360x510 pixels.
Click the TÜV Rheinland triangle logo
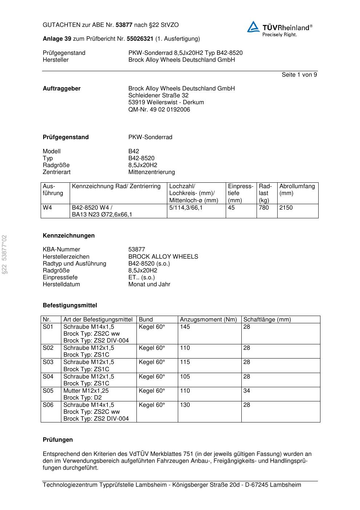pyautogui.click(x=253, y=27)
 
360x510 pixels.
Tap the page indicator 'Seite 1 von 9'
pyautogui.click(x=299, y=75)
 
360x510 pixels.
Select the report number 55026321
pyautogui.click(x=140, y=39)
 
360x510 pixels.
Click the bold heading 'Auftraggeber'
pyautogui.click(x=62, y=89)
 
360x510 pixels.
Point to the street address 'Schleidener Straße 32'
pyautogui.click(x=158, y=96)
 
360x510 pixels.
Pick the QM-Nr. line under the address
pyautogui.click(x=159, y=110)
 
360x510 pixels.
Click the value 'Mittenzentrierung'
pyautogui.click(x=151, y=172)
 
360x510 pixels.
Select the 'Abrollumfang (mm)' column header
pyautogui.click(x=297, y=190)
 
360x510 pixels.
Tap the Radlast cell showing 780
pyautogui.click(x=264, y=208)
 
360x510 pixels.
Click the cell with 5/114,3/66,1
pyautogui.click(x=186, y=208)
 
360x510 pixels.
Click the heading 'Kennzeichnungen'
pyautogui.click(x=69, y=236)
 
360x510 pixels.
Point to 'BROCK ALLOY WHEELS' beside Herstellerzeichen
pyautogui.click(x=163, y=257)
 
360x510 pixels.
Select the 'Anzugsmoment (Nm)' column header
pyautogui.click(x=208, y=320)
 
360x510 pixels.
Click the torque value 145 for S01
pyautogui.click(x=185, y=327)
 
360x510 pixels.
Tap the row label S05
pyautogui.click(x=48, y=391)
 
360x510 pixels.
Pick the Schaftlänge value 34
pyautogui.click(x=246, y=391)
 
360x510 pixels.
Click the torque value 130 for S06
pyautogui.click(x=185, y=405)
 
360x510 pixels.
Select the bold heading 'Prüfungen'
pyautogui.click(x=58, y=440)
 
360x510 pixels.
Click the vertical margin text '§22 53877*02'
pyautogui.click(x=5, y=254)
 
